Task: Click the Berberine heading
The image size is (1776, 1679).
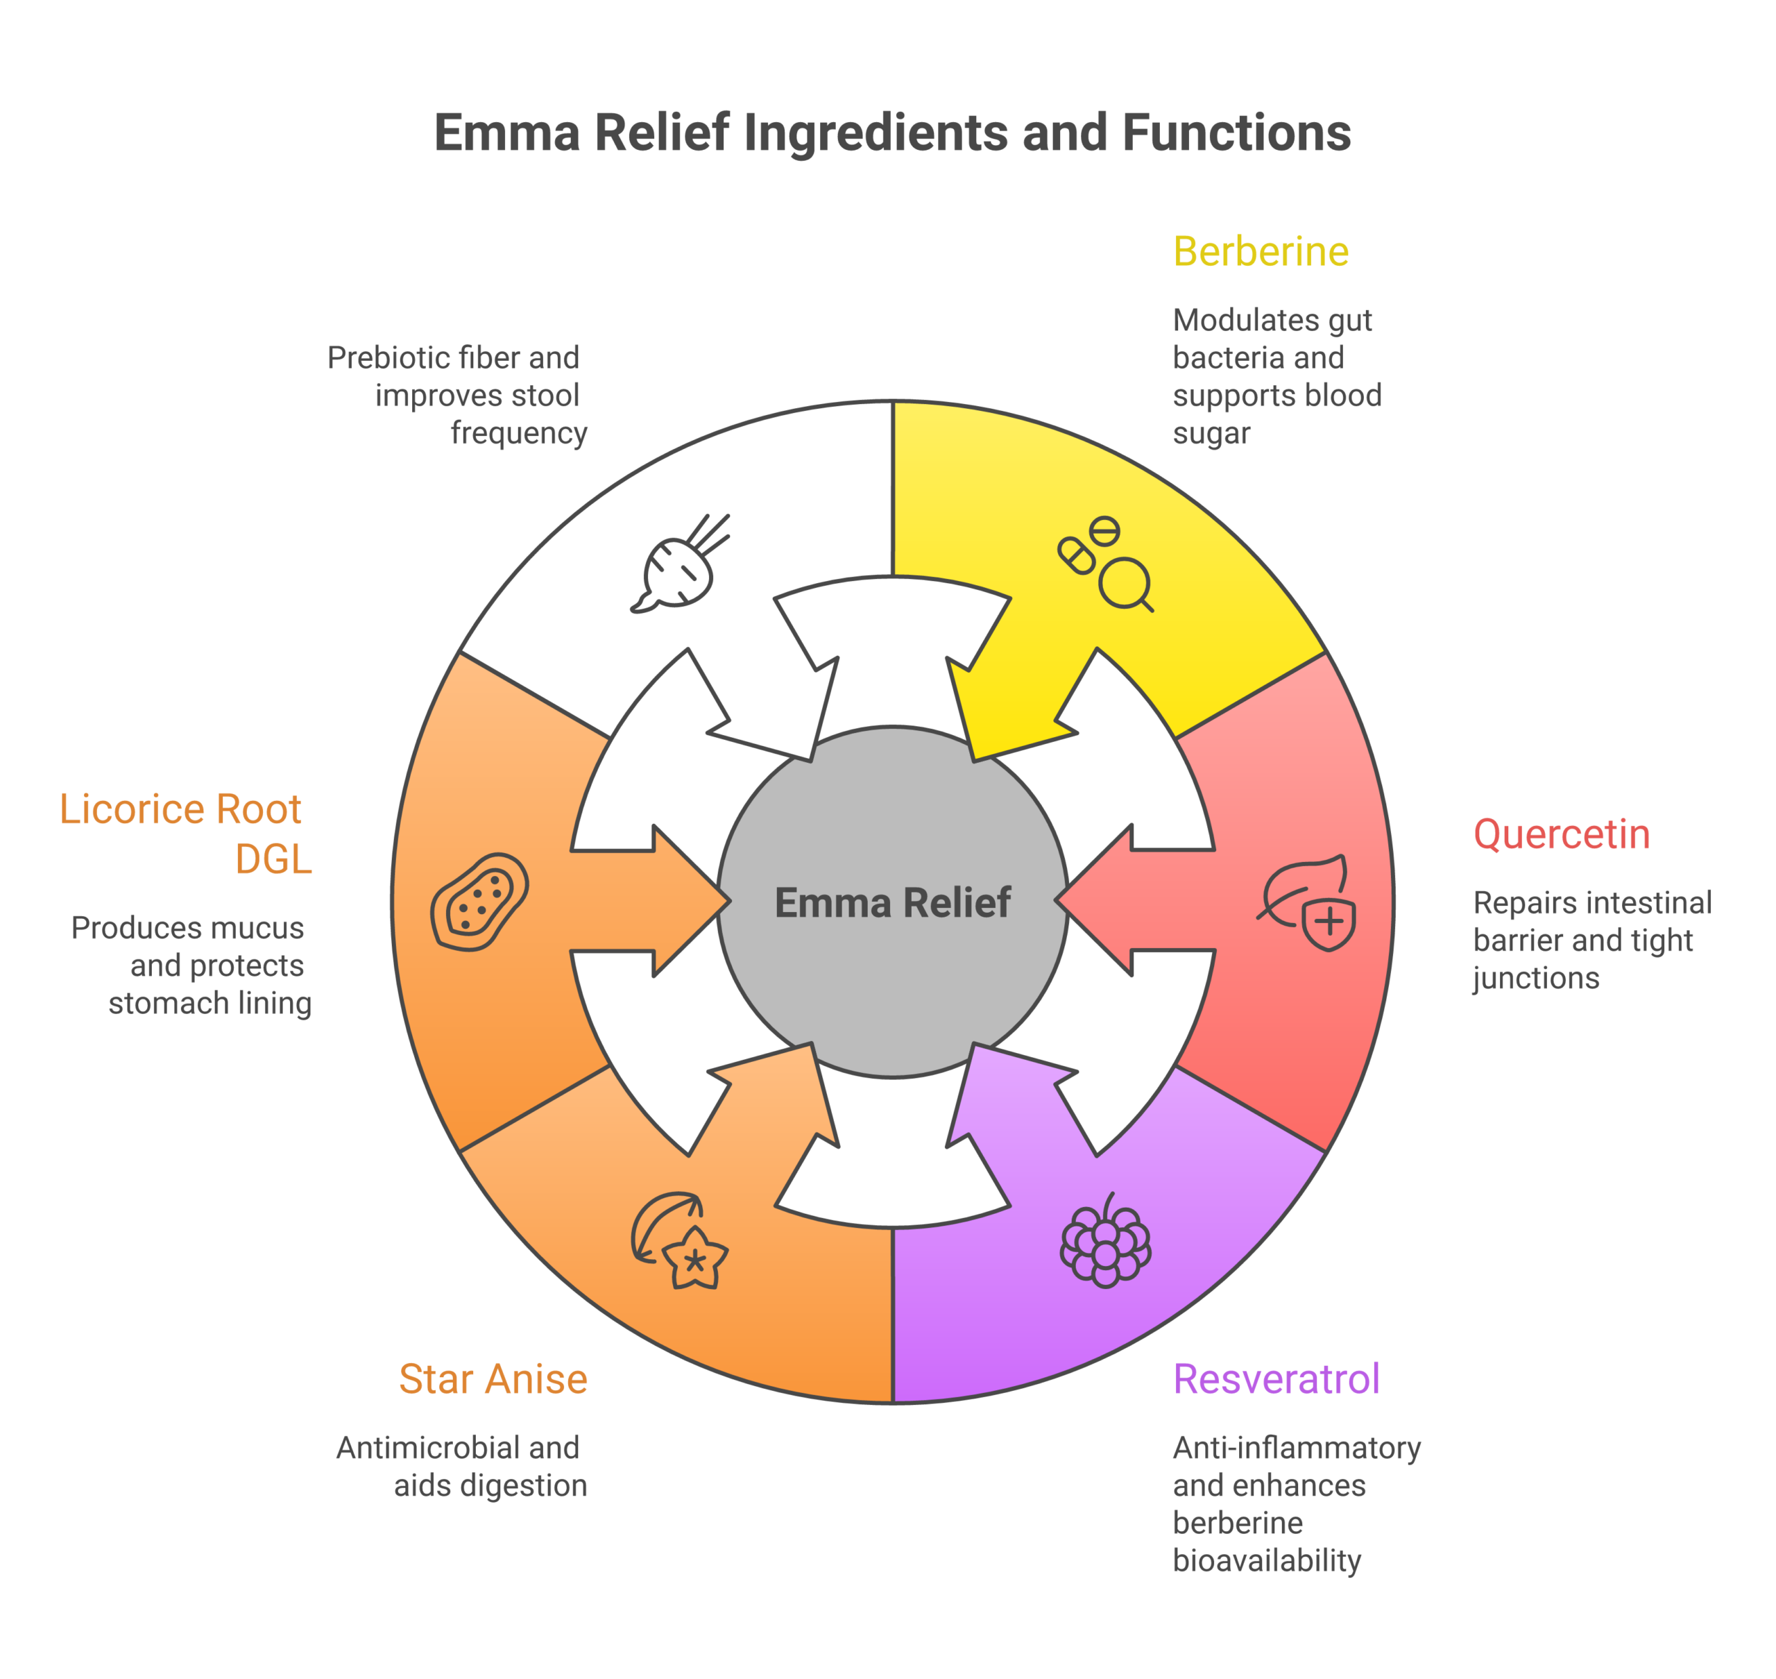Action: [1260, 251]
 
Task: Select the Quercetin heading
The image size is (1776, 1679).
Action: [1560, 834]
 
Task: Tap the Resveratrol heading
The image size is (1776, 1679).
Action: [1275, 1379]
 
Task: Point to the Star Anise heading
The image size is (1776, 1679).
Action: [493, 1379]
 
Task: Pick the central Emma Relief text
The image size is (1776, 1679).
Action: [892, 902]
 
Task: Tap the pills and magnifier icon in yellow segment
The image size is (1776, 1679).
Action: [1105, 564]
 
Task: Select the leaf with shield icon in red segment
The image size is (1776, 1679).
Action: [1306, 902]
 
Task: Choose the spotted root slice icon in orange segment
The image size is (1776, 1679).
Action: [479, 902]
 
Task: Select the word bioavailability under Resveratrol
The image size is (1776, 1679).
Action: [1266, 1560]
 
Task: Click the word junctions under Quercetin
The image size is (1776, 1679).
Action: [1535, 978]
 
